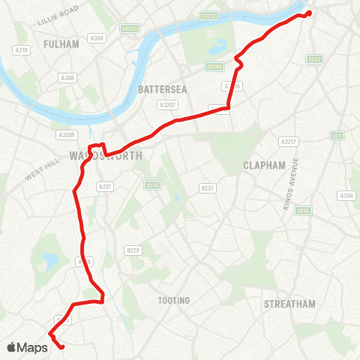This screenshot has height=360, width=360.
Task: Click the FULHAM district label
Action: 61,44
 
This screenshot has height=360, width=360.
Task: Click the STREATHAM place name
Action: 289,304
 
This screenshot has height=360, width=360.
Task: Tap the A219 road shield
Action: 22,50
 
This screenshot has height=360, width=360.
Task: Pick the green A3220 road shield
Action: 130,28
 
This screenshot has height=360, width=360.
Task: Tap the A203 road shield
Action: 314,58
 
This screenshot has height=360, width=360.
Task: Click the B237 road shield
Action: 208,187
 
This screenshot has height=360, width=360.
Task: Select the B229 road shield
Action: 133,250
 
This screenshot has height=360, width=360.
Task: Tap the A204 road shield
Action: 346,196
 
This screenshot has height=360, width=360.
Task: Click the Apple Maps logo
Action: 28,347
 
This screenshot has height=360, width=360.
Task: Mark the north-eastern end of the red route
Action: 308,13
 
